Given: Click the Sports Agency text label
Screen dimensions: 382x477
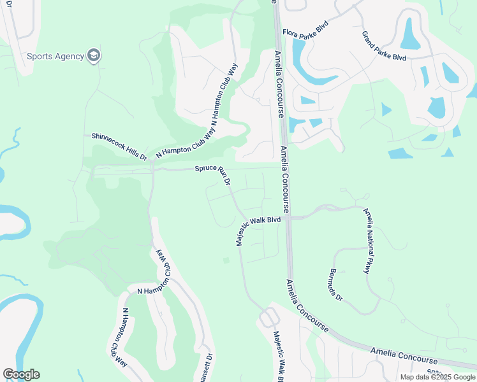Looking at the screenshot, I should (55, 56).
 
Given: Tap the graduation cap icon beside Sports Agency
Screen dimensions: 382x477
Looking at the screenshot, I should (94, 55).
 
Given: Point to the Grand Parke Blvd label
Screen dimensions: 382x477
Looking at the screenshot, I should (384, 46).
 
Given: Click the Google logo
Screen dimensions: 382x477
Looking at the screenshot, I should (21, 374).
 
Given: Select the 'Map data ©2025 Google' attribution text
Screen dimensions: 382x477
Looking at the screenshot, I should (437, 377).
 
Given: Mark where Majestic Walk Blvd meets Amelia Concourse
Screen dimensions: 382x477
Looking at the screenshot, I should (288, 218).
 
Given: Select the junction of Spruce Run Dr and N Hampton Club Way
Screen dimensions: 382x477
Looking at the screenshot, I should (153, 169).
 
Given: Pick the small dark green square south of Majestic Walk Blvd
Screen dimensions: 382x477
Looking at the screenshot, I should (226, 260).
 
